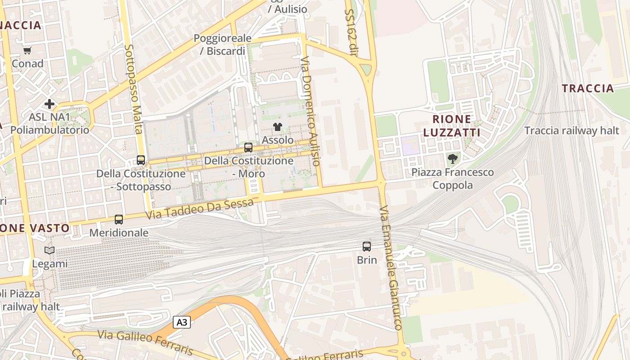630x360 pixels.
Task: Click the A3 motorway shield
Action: click(182, 322)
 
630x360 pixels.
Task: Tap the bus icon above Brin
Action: click(367, 247)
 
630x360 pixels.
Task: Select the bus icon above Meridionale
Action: click(119, 220)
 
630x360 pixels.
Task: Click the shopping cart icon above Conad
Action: click(27, 51)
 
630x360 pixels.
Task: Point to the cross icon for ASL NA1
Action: click(49, 104)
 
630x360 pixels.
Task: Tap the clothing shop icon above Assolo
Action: click(278, 127)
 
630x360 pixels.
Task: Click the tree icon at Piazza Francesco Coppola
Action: click(453, 159)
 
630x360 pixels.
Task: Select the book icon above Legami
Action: click(49, 251)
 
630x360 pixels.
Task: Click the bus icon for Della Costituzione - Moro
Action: click(248, 148)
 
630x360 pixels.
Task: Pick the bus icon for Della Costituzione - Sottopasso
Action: click(141, 160)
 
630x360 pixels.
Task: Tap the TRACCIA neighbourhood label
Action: click(588, 88)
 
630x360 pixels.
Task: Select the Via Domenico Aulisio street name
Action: click(310, 111)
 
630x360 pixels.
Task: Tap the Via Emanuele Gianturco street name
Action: click(390, 269)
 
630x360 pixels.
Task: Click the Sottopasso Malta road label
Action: click(134, 89)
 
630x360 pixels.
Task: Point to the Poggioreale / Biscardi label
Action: click(222, 45)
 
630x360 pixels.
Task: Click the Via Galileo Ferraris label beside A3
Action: click(145, 342)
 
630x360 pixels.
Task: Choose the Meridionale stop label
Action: click(119, 233)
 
